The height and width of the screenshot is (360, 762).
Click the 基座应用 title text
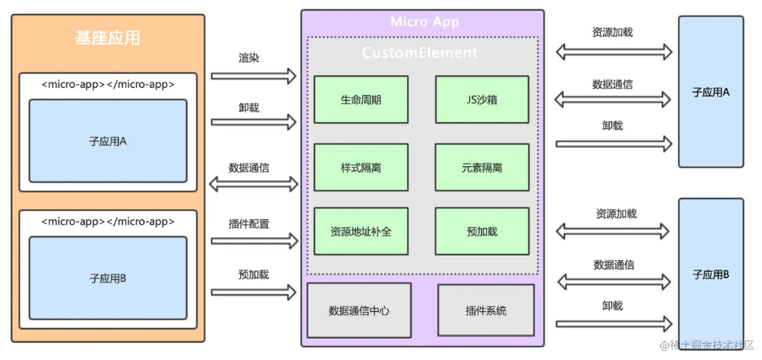(107, 38)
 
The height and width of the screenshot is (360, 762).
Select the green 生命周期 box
(361, 100)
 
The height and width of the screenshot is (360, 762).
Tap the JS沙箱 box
(481, 100)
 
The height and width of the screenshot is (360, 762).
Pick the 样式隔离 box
(361, 167)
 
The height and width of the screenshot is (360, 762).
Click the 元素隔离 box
(481, 167)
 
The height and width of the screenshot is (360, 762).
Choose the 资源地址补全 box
(361, 231)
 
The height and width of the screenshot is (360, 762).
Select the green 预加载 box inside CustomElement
(481, 231)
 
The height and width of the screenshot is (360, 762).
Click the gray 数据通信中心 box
(359, 310)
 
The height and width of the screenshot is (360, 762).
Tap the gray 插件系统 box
(485, 310)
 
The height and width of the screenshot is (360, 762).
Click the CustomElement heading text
(420, 53)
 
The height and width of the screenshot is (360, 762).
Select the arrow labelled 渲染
(254, 77)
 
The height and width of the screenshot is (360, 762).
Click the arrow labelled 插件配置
(254, 241)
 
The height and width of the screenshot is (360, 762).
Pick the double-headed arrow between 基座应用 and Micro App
(254, 184)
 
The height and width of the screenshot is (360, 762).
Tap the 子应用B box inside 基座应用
(107, 278)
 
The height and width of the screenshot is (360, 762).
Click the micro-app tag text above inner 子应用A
(107, 84)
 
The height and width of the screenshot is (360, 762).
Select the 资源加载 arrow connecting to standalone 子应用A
(615, 51)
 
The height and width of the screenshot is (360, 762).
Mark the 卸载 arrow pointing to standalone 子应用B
(615, 324)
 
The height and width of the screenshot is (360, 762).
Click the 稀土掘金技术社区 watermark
(707, 346)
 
